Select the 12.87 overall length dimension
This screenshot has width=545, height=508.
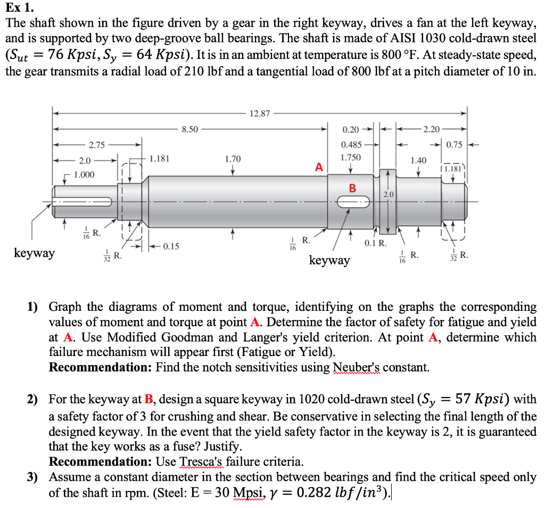[x=259, y=113]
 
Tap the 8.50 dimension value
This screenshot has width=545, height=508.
[x=190, y=129]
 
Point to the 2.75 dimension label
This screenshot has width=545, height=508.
[x=97, y=145]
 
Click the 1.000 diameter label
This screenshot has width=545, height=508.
[x=84, y=175]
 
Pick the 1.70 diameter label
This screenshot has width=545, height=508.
[x=233, y=158]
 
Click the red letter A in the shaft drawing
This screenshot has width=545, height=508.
[x=319, y=167]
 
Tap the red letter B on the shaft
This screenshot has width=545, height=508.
[x=352, y=188]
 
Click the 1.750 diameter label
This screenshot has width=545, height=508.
[x=351, y=158]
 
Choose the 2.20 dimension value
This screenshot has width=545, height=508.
[x=432, y=129]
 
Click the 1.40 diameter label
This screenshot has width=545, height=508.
[x=419, y=160]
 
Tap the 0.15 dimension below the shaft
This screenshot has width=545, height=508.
[x=171, y=246]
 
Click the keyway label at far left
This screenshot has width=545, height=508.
[x=34, y=253]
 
